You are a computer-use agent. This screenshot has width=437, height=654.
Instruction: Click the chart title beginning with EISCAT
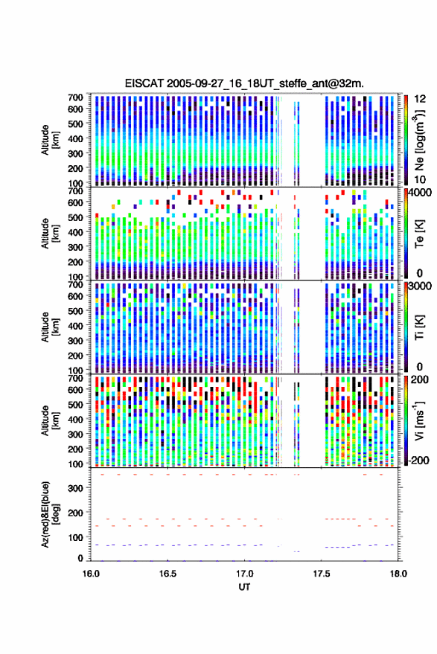point(244,83)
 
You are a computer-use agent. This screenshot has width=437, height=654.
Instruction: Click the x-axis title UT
point(244,587)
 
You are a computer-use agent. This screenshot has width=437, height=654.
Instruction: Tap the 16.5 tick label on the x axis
point(168,574)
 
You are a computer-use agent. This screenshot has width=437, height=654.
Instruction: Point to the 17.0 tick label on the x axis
point(244,574)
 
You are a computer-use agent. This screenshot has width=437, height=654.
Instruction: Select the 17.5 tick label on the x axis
point(322,574)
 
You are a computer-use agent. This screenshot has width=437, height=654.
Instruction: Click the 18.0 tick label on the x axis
point(398,574)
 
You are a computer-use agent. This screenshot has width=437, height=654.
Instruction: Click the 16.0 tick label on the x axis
point(91,574)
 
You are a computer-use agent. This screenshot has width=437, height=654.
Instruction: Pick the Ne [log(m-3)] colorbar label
point(419,140)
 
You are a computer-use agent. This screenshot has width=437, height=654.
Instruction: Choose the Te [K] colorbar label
point(419,234)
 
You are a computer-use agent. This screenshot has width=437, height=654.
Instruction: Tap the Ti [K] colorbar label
point(419,327)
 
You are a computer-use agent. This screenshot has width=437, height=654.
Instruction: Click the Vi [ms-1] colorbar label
point(419,420)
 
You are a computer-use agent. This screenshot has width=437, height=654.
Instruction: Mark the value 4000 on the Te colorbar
point(420,193)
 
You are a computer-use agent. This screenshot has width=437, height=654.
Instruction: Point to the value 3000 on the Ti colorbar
point(420,286)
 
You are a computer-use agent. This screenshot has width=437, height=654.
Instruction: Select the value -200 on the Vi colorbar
point(418,460)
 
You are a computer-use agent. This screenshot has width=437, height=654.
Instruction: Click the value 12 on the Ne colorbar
point(420,99)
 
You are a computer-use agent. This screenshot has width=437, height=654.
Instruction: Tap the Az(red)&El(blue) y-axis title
point(51,514)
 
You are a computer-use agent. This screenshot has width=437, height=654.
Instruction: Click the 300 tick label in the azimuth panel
point(75,488)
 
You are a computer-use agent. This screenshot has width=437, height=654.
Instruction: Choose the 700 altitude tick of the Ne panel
point(75,97)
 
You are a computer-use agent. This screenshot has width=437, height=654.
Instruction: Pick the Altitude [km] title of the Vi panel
point(51,420)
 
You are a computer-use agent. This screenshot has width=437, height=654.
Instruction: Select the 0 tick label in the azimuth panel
point(80,558)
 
